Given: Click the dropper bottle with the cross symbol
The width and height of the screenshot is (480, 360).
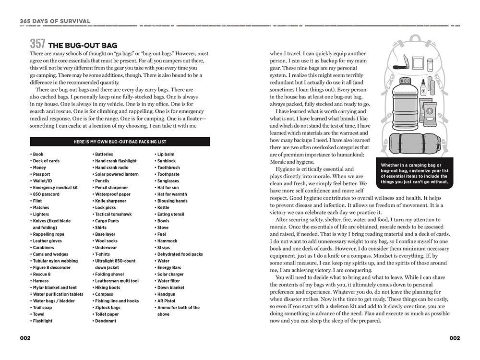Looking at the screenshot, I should point(422,89).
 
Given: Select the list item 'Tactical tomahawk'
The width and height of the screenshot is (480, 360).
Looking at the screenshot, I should point(113,215).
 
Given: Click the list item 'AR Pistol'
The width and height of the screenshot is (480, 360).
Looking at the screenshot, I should point(168,301).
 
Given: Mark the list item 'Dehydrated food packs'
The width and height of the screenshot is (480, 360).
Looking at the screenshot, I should point(180,254).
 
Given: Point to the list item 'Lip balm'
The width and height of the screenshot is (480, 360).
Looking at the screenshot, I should point(166,155).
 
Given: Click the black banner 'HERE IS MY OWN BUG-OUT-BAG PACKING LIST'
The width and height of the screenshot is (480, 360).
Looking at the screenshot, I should point(120,142).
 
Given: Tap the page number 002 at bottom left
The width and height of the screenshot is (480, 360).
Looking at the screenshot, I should point(25,338).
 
